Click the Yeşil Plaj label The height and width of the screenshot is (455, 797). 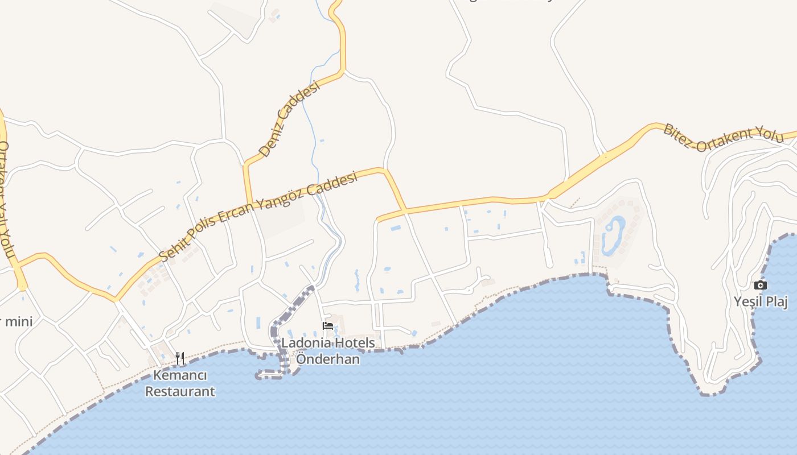pos(761,301)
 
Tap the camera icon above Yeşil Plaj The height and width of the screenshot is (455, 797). pos(761,285)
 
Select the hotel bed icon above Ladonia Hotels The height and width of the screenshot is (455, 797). pos(328,326)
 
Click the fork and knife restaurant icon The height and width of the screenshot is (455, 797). pos(180,358)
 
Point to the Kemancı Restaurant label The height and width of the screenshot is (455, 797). pos(180,383)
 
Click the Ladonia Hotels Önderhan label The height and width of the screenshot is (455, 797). pos(328,351)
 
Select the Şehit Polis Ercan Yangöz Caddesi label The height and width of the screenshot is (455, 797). pos(259,217)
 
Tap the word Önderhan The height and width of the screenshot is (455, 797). pos(328,359)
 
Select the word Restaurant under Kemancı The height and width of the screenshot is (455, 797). pos(180,391)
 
